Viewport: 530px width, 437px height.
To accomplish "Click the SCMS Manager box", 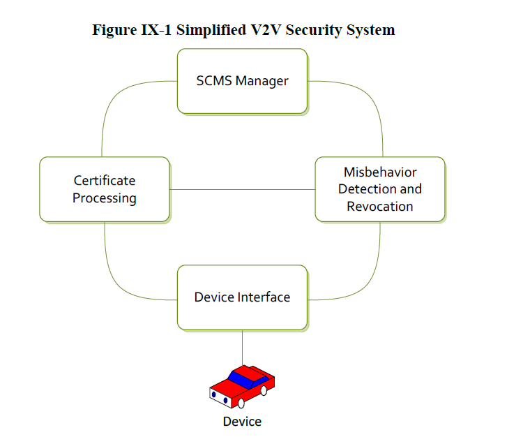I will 242,81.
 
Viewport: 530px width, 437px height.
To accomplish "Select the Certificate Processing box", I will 105,189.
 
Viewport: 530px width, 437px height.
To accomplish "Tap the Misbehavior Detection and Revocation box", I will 380,189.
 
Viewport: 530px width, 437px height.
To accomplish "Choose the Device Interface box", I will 242,297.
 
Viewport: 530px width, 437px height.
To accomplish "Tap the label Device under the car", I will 242,422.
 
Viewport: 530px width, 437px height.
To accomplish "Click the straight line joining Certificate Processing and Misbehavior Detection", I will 242,189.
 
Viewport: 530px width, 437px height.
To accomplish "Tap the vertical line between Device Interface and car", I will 242,346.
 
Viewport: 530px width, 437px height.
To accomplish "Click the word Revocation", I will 380,206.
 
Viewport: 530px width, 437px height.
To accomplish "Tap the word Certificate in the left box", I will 105,180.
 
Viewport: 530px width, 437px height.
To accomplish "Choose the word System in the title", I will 369,30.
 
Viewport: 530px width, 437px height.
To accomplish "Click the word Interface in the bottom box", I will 262,297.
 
